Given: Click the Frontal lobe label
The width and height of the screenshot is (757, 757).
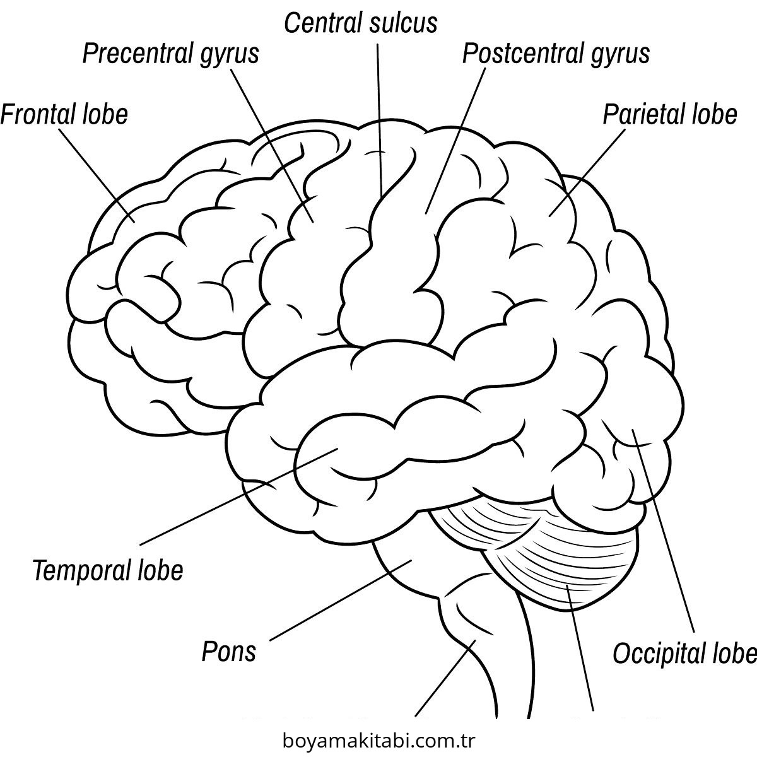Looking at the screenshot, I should (64, 114).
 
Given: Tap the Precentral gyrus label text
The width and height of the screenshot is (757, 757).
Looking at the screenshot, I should (170, 54).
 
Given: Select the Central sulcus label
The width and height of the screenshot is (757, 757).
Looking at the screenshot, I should (360, 23).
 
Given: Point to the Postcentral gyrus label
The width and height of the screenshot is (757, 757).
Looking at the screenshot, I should (556, 54).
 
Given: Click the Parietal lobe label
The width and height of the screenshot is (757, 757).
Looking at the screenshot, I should (669, 114).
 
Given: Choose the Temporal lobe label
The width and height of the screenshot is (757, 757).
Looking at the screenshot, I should (108, 570).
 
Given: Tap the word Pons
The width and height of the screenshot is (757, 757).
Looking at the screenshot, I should (228, 651).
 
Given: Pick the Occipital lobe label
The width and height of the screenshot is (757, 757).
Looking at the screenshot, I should (684, 654).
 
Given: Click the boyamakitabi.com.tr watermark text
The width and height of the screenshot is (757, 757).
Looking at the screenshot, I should (378, 739).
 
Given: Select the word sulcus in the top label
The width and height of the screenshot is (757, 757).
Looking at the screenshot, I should (406, 23).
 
